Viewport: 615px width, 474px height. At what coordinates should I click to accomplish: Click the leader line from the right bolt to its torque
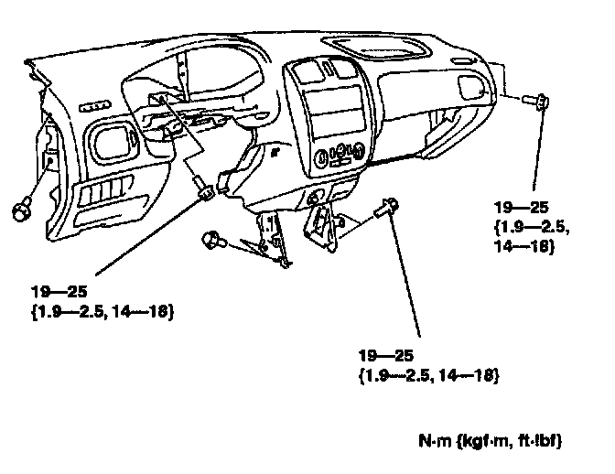539,156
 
